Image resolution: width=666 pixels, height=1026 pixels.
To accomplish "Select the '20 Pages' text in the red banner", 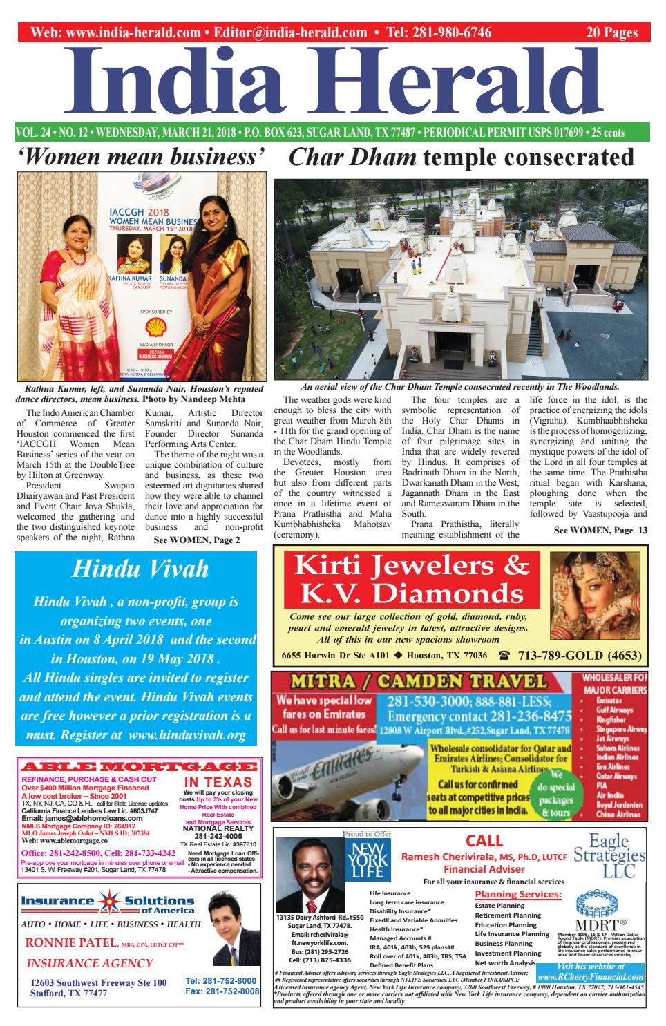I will (611, 32).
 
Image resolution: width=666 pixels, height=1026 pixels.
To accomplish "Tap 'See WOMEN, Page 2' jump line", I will (197, 540).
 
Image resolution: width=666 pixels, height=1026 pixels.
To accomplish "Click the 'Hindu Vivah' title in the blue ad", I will (140, 570).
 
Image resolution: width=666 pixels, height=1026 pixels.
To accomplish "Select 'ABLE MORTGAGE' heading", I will (140, 767).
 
